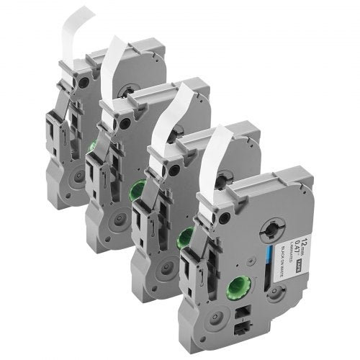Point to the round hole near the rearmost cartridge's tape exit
click(85, 82)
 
